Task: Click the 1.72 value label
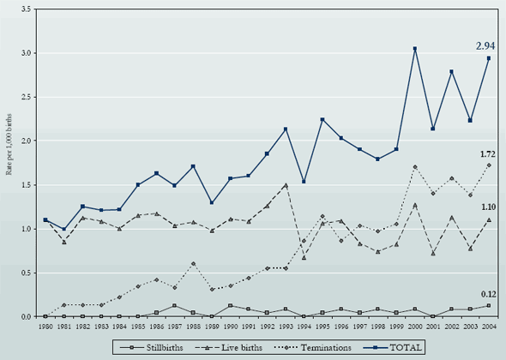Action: click(488, 154)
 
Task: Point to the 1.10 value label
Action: click(488, 207)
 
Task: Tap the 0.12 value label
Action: click(488, 294)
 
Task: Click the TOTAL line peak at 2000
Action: click(415, 49)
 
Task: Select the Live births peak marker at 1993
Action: click(286, 184)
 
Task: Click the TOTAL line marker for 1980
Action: click(45, 220)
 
